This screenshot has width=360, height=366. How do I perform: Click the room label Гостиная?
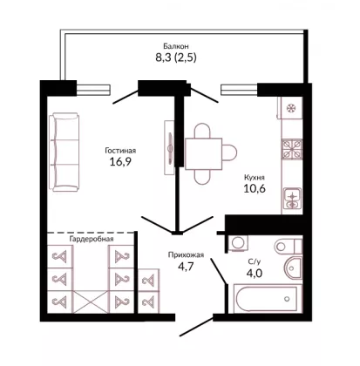coord(120,151)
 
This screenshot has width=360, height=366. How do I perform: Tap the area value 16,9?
coord(120,161)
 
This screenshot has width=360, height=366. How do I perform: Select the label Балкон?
coord(176,46)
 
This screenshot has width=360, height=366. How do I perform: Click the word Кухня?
coord(255,178)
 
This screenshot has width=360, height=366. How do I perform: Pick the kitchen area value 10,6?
coord(255,189)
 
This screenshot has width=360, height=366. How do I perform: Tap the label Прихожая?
coord(186,255)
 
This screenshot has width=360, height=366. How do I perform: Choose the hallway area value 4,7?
coord(186,266)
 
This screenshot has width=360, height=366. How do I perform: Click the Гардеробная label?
coord(92,239)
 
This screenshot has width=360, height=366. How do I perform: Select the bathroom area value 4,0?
coord(255,274)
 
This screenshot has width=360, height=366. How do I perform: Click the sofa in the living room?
coord(65,152)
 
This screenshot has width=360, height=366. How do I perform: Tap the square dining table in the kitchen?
coord(203,153)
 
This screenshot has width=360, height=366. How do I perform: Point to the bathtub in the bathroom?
coord(267,299)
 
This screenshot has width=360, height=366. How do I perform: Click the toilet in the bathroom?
coord(289,247)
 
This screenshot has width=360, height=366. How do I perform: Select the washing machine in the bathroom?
coord(239,242)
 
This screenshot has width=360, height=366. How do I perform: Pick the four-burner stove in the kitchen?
coord(292,149)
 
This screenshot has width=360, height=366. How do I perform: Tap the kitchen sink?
coord(293,198)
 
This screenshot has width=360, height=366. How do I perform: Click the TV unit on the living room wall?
coord(169,147)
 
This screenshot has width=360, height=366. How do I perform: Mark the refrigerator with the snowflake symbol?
coord(290,108)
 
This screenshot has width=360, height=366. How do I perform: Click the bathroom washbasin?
coord(294,268)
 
